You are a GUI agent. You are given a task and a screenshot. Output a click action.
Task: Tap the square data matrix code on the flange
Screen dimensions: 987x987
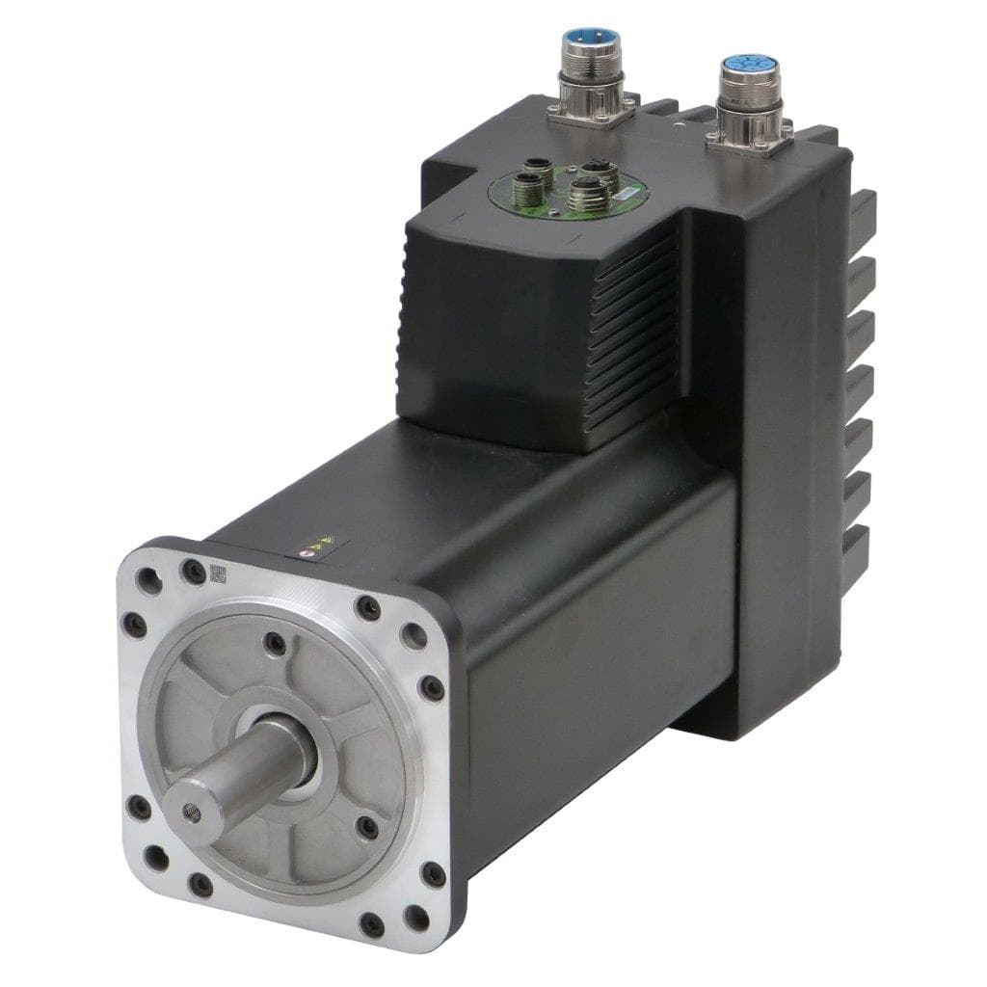coord(218,575)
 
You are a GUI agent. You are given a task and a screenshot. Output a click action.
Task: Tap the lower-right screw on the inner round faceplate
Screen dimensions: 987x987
coord(366,828)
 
